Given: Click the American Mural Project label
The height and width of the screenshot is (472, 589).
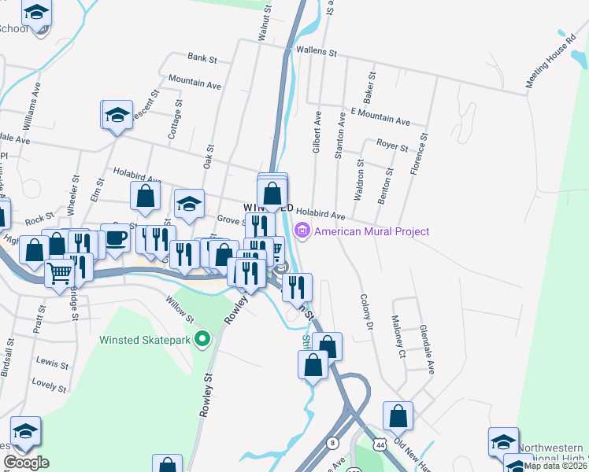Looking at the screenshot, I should (x=372, y=231).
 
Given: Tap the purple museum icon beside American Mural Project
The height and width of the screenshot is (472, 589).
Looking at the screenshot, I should (x=301, y=231).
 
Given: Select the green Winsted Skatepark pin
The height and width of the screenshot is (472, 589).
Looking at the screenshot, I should (x=202, y=340).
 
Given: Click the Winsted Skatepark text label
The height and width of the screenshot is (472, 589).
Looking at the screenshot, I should (x=146, y=340).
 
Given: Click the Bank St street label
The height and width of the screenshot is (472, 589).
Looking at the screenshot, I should (x=202, y=57).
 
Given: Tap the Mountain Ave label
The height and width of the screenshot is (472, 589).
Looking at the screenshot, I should (x=194, y=83).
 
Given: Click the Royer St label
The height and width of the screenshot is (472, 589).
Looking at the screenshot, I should (x=392, y=146).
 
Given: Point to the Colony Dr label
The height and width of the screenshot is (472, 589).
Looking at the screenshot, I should (x=365, y=313).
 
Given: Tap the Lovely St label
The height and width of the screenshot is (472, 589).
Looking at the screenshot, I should (x=49, y=385).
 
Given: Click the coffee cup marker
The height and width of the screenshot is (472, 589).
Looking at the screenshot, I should (x=115, y=239).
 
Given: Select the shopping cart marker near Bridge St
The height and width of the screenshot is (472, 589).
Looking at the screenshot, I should (x=60, y=275).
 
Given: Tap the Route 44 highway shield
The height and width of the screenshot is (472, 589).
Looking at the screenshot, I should (x=380, y=445).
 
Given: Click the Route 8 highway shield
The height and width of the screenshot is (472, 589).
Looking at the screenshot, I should (x=333, y=443).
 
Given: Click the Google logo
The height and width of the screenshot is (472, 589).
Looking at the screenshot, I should (x=26, y=463).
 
